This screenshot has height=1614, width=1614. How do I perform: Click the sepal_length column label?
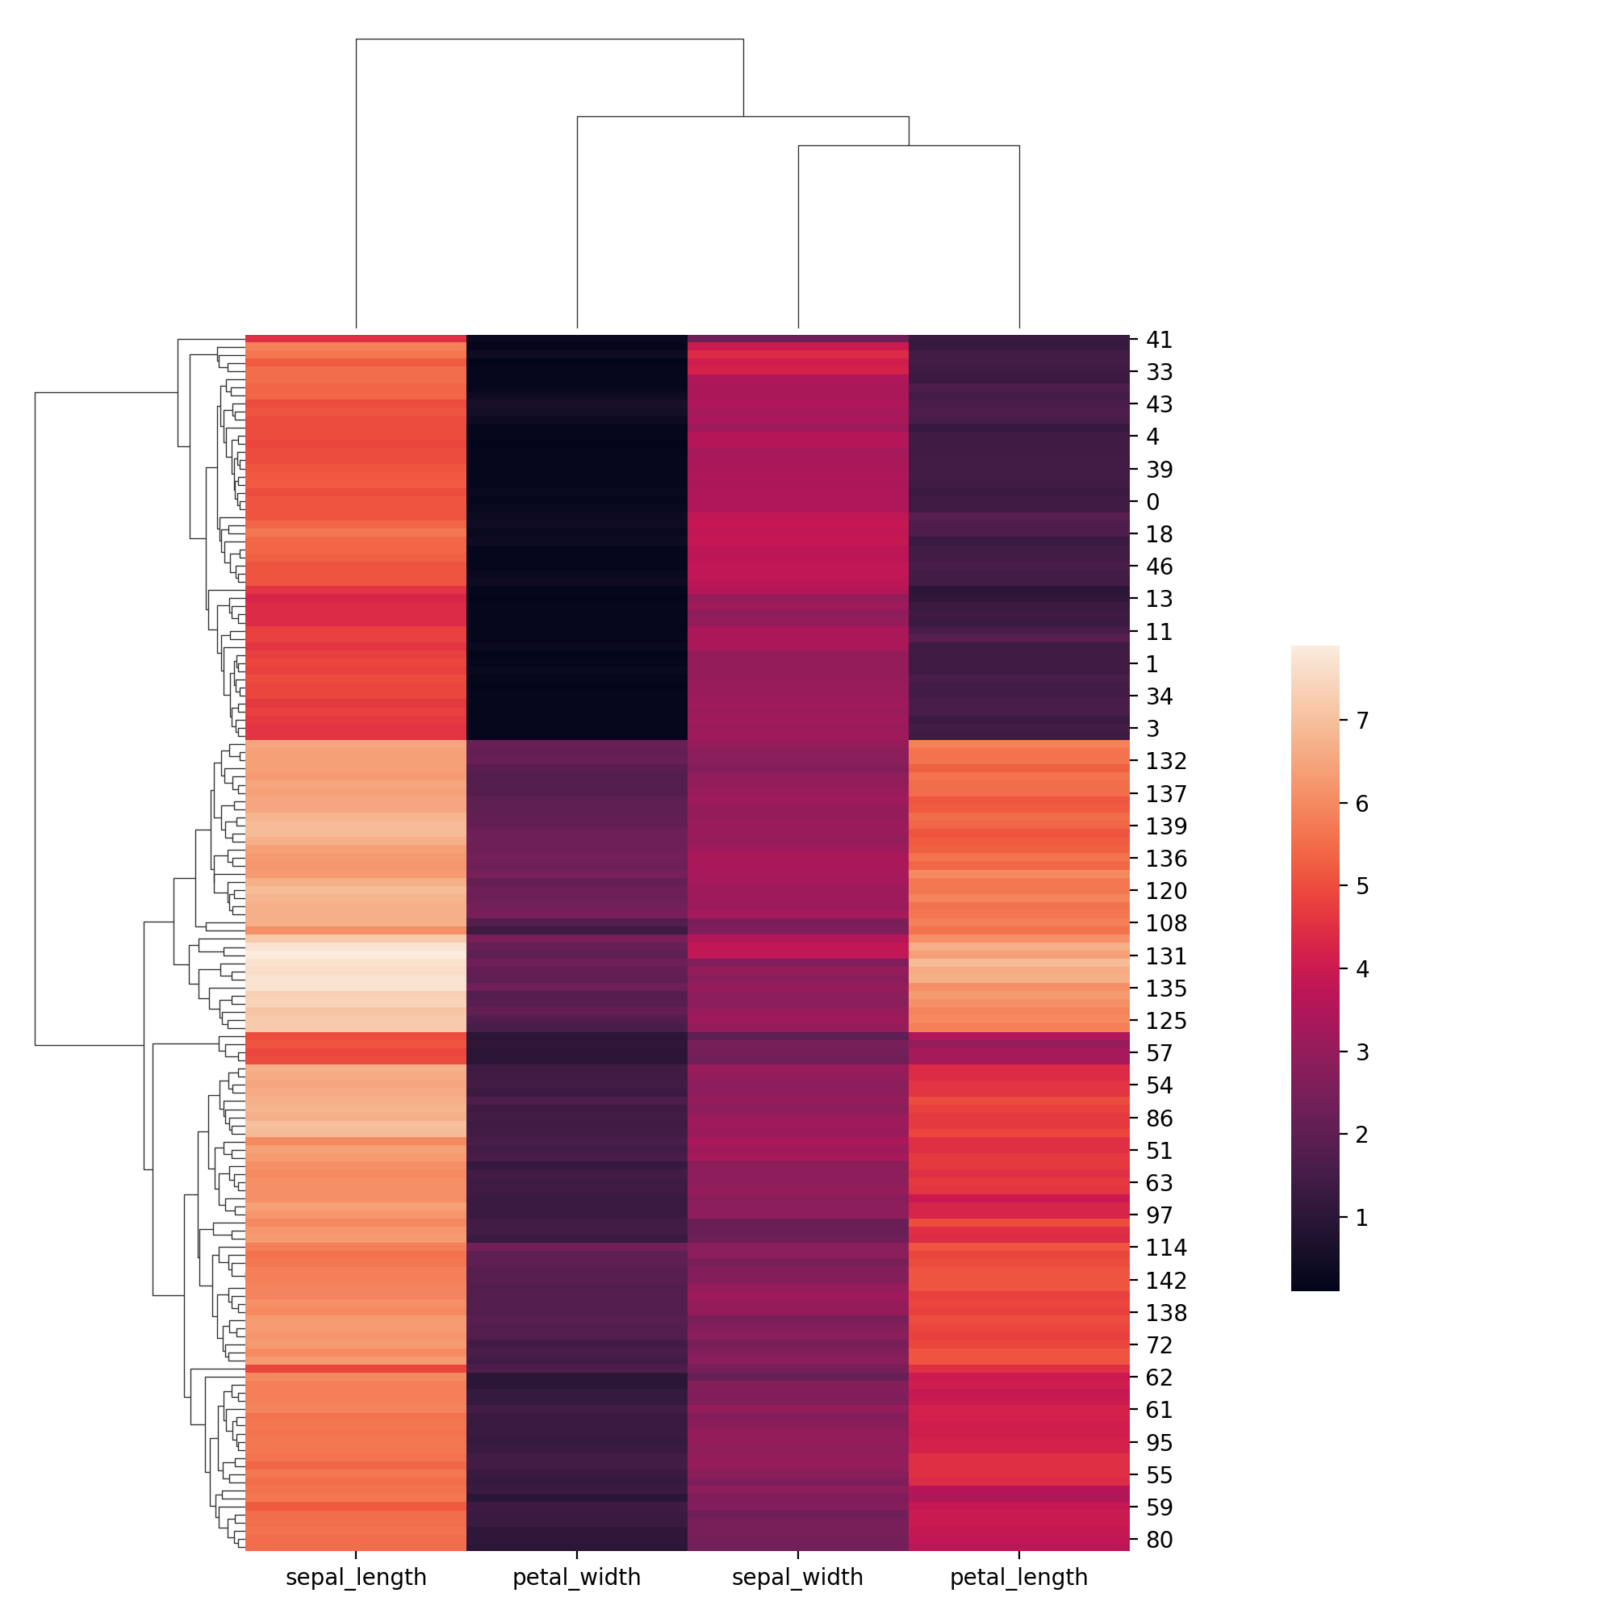[x=356, y=1577]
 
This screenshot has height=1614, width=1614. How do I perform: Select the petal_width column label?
[x=576, y=1577]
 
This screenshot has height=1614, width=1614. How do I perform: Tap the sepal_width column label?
[x=797, y=1577]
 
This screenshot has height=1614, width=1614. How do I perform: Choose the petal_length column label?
[x=1018, y=1577]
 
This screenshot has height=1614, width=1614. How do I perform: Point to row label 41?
[x=1160, y=340]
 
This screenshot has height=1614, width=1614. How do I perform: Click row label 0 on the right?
[x=1153, y=502]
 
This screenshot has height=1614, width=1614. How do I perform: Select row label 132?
[x=1166, y=761]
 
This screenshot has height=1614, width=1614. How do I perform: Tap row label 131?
[x=1166, y=955]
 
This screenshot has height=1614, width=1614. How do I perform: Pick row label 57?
[x=1160, y=1053]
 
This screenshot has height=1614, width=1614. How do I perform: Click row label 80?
[x=1160, y=1540]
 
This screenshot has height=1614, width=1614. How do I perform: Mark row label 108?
[x=1166, y=923]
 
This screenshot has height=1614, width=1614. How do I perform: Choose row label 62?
[x=1160, y=1378]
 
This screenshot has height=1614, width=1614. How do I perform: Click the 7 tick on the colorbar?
[x=1361, y=720]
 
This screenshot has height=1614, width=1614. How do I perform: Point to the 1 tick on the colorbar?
[x=1361, y=1218]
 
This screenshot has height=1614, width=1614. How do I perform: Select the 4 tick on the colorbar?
[x=1361, y=970]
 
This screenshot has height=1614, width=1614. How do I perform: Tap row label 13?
[x=1160, y=599]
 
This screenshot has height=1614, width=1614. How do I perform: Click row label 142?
[x=1166, y=1281]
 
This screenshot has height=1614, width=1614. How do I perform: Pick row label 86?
[x=1160, y=1119]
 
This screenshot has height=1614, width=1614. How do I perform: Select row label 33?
[x=1160, y=372]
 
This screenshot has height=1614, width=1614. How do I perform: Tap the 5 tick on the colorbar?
[x=1361, y=885]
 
